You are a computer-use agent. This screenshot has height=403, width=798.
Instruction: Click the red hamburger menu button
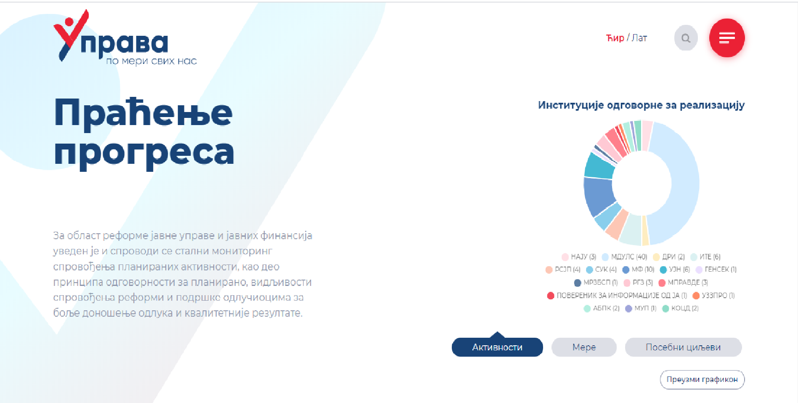pyautogui.click(x=727, y=38)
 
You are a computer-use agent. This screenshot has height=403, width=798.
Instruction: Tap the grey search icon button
pyautogui.click(x=686, y=38)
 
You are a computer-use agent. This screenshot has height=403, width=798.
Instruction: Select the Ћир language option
pyautogui.click(x=615, y=38)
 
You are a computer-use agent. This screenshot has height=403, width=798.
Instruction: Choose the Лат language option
pyautogui.click(x=639, y=38)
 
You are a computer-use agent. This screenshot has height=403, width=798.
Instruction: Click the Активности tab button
pyautogui.click(x=497, y=347)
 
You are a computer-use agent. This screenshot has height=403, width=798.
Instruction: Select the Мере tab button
pyautogui.click(x=584, y=347)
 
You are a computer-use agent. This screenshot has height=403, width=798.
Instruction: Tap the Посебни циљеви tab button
pyautogui.click(x=683, y=347)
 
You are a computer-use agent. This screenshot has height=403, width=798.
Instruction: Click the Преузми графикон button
pyautogui.click(x=702, y=379)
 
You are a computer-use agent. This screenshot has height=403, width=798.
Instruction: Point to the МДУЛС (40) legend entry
pyautogui.click(x=625, y=257)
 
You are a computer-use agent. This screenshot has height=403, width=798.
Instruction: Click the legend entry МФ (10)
pyautogui.click(x=639, y=270)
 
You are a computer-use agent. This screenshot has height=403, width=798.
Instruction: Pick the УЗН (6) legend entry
pyautogui.click(x=675, y=270)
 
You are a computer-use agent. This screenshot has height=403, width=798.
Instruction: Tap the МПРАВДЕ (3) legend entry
pyautogui.click(x=683, y=283)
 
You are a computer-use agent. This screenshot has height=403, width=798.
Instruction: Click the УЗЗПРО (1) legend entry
pyautogui.click(x=713, y=296)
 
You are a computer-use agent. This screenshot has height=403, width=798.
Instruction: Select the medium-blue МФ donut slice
pyautogui.click(x=599, y=196)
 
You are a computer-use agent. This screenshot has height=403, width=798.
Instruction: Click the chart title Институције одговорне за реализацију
pyautogui.click(x=641, y=105)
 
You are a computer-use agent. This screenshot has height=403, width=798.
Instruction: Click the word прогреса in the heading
pyautogui.click(x=144, y=152)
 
